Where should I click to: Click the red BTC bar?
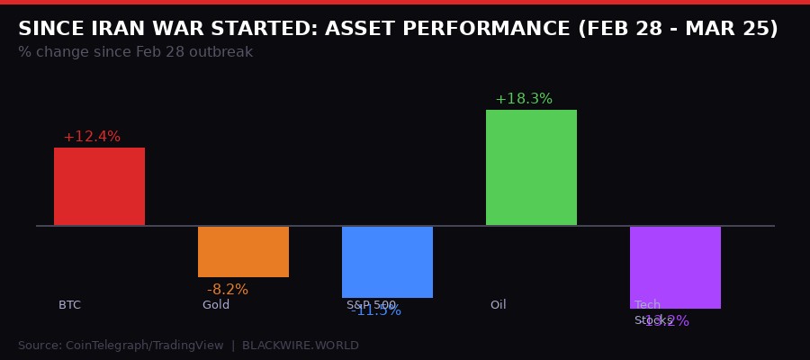(x=99, y=186)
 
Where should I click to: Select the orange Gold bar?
(x=243, y=252)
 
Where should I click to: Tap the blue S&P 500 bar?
(x=387, y=261)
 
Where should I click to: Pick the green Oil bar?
(x=531, y=167)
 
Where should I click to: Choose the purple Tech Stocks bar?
(x=675, y=266)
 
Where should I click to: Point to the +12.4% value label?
(x=92, y=137)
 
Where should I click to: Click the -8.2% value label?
(x=228, y=290)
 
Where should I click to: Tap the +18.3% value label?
(x=524, y=99)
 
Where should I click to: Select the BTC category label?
(x=69, y=305)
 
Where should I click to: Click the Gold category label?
(x=216, y=305)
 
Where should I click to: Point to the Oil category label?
(x=499, y=305)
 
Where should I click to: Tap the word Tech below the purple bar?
(x=647, y=305)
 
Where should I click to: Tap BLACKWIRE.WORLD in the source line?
(x=301, y=346)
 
